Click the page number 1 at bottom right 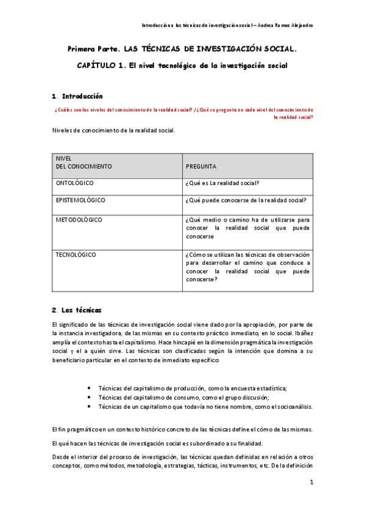[x=311, y=483]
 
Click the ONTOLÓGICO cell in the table [x=75, y=183]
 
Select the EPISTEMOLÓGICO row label [x=80, y=200]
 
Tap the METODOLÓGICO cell [x=79, y=220]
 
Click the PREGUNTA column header [x=201, y=166]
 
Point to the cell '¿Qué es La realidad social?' [x=222, y=183]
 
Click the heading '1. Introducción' [x=77, y=96]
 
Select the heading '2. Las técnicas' [x=77, y=310]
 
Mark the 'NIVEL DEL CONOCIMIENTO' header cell [x=83, y=162]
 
